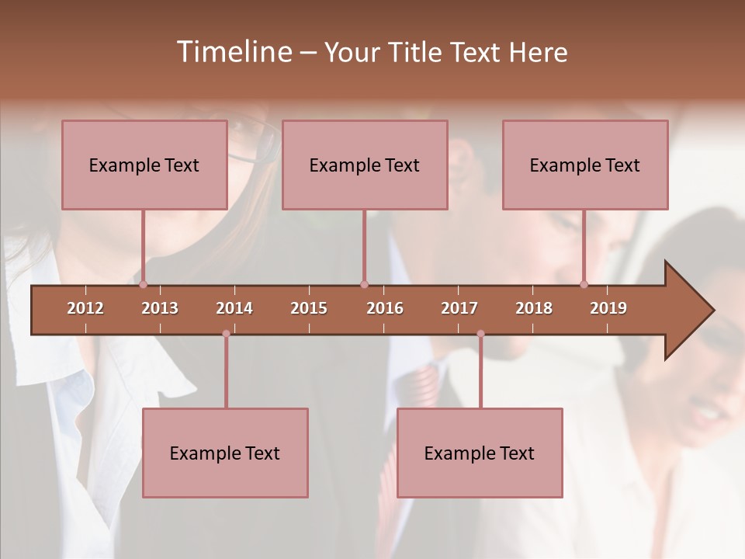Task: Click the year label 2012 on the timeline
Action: coord(85,308)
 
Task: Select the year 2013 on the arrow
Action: coord(160,308)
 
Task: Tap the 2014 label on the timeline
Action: coord(234,308)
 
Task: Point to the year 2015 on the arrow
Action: coord(309,308)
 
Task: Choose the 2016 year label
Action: coord(385,308)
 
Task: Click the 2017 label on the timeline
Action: coord(459,308)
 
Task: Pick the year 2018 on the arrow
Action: coord(534,308)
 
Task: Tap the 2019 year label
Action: coord(608,308)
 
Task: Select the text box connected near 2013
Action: coord(144,165)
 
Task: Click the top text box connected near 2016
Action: coord(365,165)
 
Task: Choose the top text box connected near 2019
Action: coord(585,165)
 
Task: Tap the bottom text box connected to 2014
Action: coord(225,453)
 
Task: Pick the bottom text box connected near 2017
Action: coord(480,453)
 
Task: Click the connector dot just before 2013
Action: coord(143,285)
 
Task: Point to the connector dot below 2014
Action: coord(226,334)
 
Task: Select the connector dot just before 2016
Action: coord(364,285)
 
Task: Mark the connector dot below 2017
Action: coord(480,334)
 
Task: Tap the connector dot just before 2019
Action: coord(584,285)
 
